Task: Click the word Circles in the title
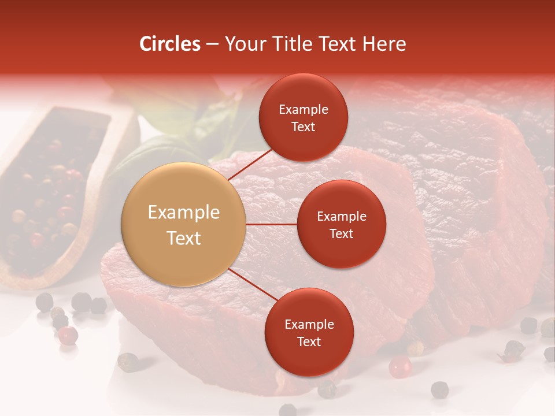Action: click(169, 44)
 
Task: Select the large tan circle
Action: click(184, 224)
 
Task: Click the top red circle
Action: click(303, 117)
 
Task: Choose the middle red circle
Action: click(341, 224)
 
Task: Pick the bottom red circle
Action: click(309, 332)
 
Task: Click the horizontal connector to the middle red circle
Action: click(271, 224)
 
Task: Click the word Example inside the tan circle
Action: click(184, 213)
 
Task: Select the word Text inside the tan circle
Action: click(184, 238)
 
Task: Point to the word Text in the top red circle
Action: click(303, 127)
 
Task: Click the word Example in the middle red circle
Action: click(341, 216)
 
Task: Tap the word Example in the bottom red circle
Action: click(309, 324)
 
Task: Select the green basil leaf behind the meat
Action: click(145, 156)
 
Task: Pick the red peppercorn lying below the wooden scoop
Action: click(68, 335)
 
